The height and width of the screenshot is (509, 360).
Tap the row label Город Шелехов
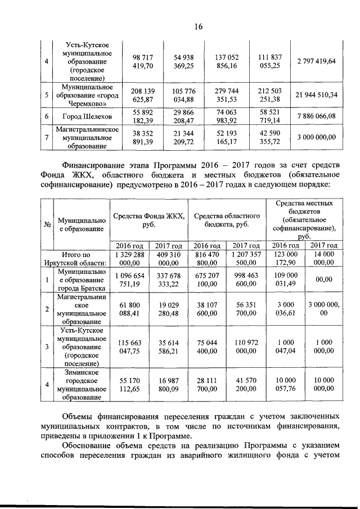pyautogui.click(x=86, y=117)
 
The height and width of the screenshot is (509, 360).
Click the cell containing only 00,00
pyautogui.click(x=323, y=280)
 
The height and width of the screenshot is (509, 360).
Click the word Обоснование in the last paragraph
pyautogui.click(x=91, y=446)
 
